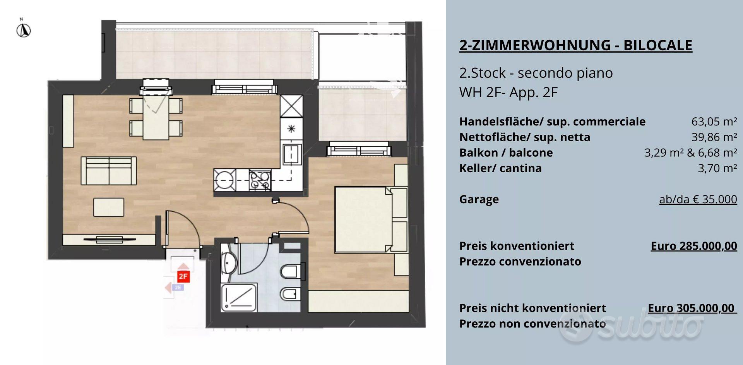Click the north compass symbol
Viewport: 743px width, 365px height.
pyautogui.click(x=23, y=30)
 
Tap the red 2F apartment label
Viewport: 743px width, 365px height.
pyautogui.click(x=183, y=276)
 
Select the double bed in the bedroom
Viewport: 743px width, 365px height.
pyautogui.click(x=371, y=219)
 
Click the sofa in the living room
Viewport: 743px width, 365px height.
pyautogui.click(x=109, y=171)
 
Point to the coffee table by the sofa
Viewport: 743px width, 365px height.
pyautogui.click(x=109, y=207)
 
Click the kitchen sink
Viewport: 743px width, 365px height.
pyautogui.click(x=291, y=154)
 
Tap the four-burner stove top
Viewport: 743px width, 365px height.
pyautogui.click(x=260, y=180)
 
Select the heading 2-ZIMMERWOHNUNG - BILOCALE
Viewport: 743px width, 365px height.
pyautogui.click(x=575, y=45)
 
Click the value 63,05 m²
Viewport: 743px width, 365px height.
pyautogui.click(x=714, y=122)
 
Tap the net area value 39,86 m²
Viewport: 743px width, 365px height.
pyautogui.click(x=714, y=137)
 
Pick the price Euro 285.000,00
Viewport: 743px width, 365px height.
pyautogui.click(x=694, y=246)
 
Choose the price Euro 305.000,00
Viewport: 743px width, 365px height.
pyautogui.click(x=692, y=308)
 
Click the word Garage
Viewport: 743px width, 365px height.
pyautogui.click(x=479, y=199)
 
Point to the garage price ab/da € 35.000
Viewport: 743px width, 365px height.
pyautogui.click(x=698, y=199)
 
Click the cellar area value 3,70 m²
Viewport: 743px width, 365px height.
pyautogui.click(x=717, y=168)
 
